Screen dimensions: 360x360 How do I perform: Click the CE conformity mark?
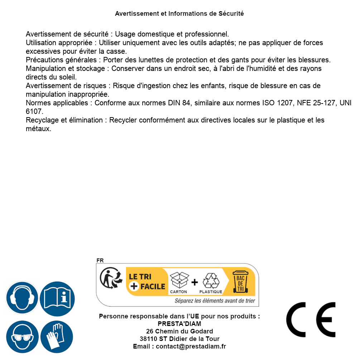pyautogui.click(x=311, y=320)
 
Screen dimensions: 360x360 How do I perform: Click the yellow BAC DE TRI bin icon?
pyautogui.click(x=240, y=282)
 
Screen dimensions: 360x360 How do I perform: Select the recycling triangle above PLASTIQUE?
pyautogui.click(x=211, y=280)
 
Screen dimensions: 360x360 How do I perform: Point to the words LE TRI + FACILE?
pyautogui.click(x=147, y=282)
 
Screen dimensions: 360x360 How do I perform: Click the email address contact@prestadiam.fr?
pyautogui.click(x=191, y=346)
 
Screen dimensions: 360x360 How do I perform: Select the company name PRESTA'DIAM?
pyautogui.click(x=179, y=324)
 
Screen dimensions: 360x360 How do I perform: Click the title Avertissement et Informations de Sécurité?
pyautogui.click(x=179, y=14)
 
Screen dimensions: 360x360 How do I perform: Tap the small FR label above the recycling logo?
pyautogui.click(x=100, y=260)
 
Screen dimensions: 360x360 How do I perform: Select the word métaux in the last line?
pyautogui.click(x=38, y=129)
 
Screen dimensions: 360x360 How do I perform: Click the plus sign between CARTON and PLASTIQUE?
pyautogui.click(x=195, y=282)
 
